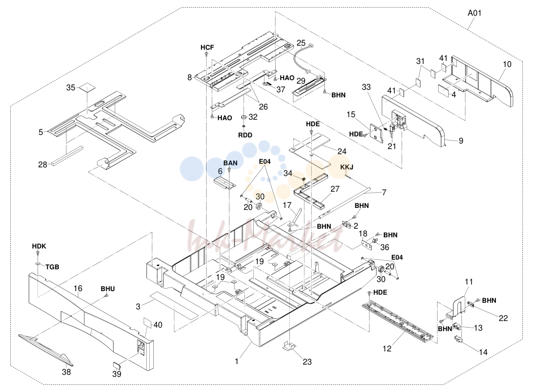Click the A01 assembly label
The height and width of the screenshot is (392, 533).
474,13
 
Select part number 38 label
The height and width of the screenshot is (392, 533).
66,372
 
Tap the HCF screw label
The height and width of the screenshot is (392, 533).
207,47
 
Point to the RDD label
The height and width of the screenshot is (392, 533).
245,135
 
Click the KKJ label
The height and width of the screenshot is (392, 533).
347,167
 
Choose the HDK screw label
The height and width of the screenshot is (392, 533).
39,246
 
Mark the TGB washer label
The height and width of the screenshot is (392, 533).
52,267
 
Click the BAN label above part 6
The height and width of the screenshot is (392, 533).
230,163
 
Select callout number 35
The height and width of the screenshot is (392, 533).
71,88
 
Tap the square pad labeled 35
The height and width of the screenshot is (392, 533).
87,88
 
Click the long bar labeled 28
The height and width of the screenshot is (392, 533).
68,156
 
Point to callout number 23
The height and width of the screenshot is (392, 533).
307,362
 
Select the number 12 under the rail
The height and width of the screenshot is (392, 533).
387,348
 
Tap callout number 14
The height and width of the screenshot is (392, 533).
483,352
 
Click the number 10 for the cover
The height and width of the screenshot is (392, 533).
507,64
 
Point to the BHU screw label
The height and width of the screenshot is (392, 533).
108,289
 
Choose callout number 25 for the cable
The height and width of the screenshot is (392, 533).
301,43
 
